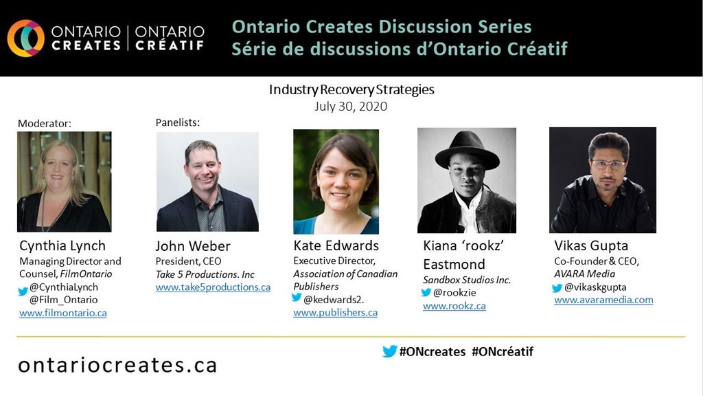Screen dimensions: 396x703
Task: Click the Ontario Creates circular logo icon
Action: coord(26,38)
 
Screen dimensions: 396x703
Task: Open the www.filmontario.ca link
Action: coord(62,313)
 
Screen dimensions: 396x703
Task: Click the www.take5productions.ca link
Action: coord(213,287)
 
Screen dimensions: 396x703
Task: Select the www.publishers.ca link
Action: coord(335,312)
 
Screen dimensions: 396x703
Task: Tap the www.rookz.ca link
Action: coord(454,306)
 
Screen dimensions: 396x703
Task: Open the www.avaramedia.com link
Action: coord(603,300)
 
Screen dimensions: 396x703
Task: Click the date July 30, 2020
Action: coord(351,106)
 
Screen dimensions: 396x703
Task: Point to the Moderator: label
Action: coord(45,124)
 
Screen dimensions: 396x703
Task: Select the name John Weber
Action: coord(193,246)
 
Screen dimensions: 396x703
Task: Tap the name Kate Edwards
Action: coord(336,245)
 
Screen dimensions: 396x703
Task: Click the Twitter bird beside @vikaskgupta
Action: coord(557,288)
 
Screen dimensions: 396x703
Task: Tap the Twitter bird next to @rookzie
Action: coord(426,293)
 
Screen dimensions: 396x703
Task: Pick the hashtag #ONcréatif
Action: coord(503,351)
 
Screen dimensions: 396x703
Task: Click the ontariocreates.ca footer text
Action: coord(117,364)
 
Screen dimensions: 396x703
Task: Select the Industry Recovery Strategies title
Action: coord(351,90)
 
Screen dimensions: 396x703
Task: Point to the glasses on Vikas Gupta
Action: coord(608,165)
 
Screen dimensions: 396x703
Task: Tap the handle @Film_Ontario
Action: coord(63,300)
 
